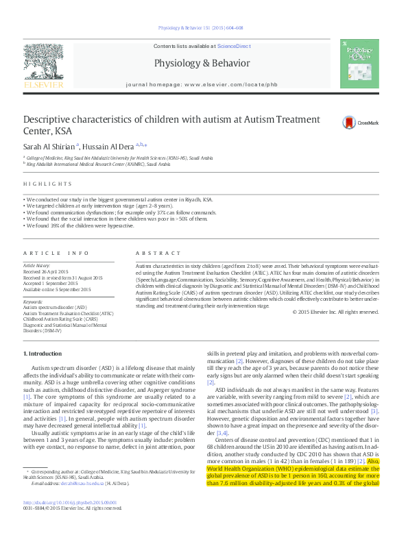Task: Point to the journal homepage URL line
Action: coord(202,84)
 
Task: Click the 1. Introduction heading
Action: coord(43,353)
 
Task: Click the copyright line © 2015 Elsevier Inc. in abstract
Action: coord(335,312)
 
